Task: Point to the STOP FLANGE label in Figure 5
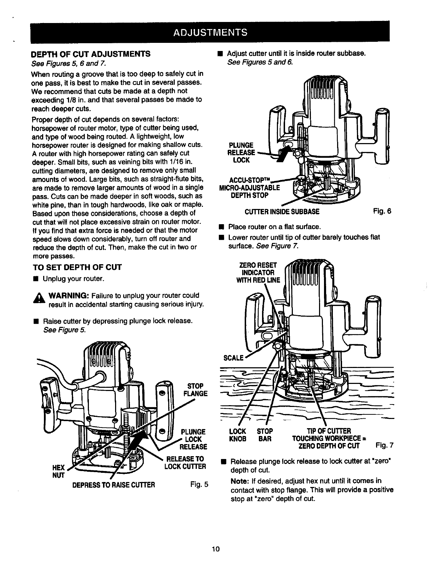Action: [195, 390]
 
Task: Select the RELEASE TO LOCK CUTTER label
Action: [185, 462]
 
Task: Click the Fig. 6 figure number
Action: [382, 211]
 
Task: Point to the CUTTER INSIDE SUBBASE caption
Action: [282, 212]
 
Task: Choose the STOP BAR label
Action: [265, 435]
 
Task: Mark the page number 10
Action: [216, 549]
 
